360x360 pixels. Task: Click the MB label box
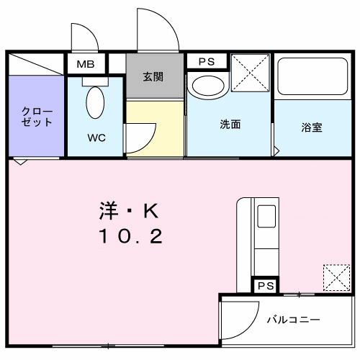[86, 64]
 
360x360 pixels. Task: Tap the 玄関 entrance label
[152, 76]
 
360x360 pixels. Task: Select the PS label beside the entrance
[207, 61]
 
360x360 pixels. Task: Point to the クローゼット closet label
[36, 117]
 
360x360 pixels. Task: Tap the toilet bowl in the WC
[95, 103]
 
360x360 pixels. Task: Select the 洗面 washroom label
[230, 124]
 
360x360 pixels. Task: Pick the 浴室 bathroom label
[311, 127]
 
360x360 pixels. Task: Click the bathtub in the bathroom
[311, 76]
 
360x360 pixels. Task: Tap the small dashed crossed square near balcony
[336, 276]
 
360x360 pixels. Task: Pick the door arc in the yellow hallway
[144, 135]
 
